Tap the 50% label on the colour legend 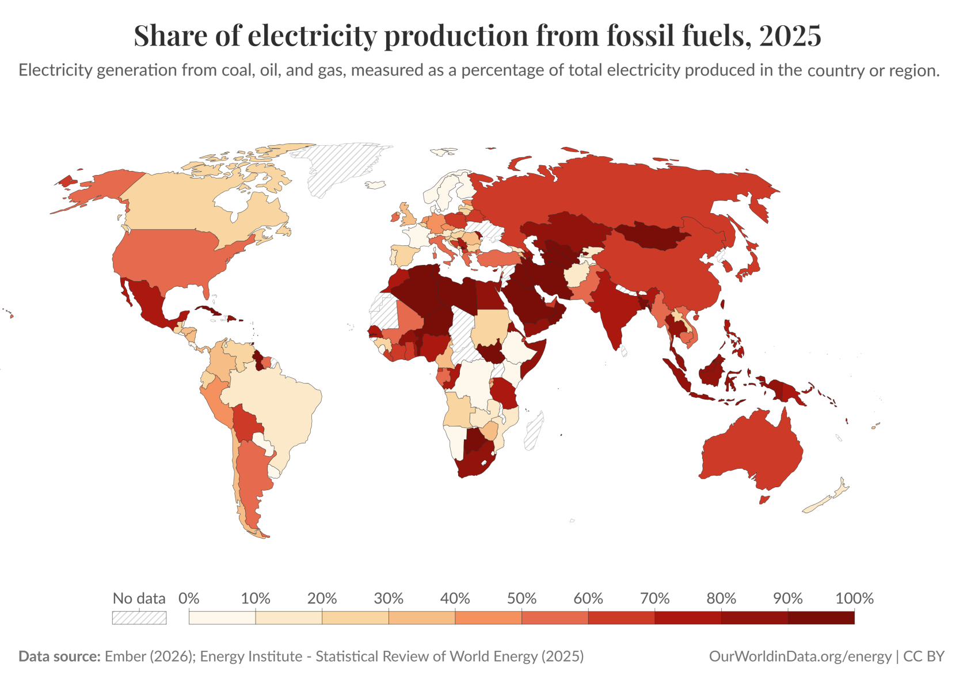tap(521, 598)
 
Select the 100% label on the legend tap(854, 598)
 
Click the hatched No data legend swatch tap(139, 617)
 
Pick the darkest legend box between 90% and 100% tap(821, 617)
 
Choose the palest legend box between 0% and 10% tap(222, 617)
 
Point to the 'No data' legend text tap(139, 598)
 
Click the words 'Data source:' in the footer tap(59, 657)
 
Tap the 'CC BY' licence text tap(924, 657)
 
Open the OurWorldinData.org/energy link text tap(800, 657)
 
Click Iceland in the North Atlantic tap(376, 185)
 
